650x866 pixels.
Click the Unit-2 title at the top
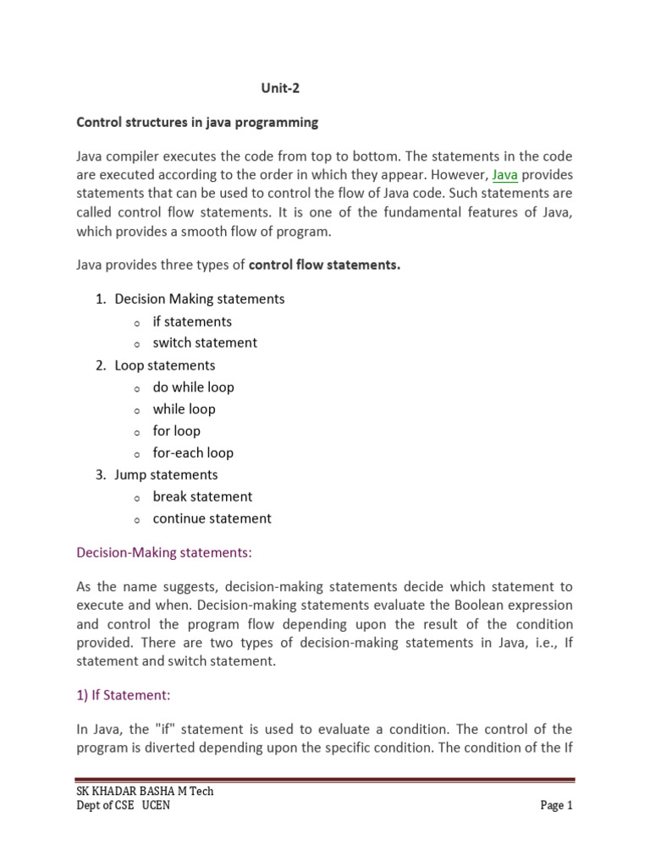[x=279, y=87]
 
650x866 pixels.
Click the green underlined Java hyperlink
[x=504, y=174]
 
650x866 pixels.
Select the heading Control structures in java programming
[x=197, y=123]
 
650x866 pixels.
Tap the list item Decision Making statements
[x=199, y=299]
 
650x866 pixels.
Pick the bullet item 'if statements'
[x=192, y=321]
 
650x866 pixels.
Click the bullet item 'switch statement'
[x=205, y=343]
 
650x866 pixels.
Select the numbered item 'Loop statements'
[x=164, y=365]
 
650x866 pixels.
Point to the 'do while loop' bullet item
[x=193, y=387]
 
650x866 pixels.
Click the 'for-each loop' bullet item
[x=193, y=453]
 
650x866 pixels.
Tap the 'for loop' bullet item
[x=176, y=431]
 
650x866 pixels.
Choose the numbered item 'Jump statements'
[x=166, y=475]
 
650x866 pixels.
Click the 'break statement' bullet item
[x=202, y=497]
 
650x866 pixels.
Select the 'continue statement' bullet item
[x=212, y=519]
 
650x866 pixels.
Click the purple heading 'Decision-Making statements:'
[x=164, y=553]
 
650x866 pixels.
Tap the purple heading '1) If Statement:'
[x=124, y=695]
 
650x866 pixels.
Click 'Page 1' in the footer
[x=557, y=806]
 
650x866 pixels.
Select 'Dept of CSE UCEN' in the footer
[x=123, y=806]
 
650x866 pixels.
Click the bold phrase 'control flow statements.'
[x=324, y=266]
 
